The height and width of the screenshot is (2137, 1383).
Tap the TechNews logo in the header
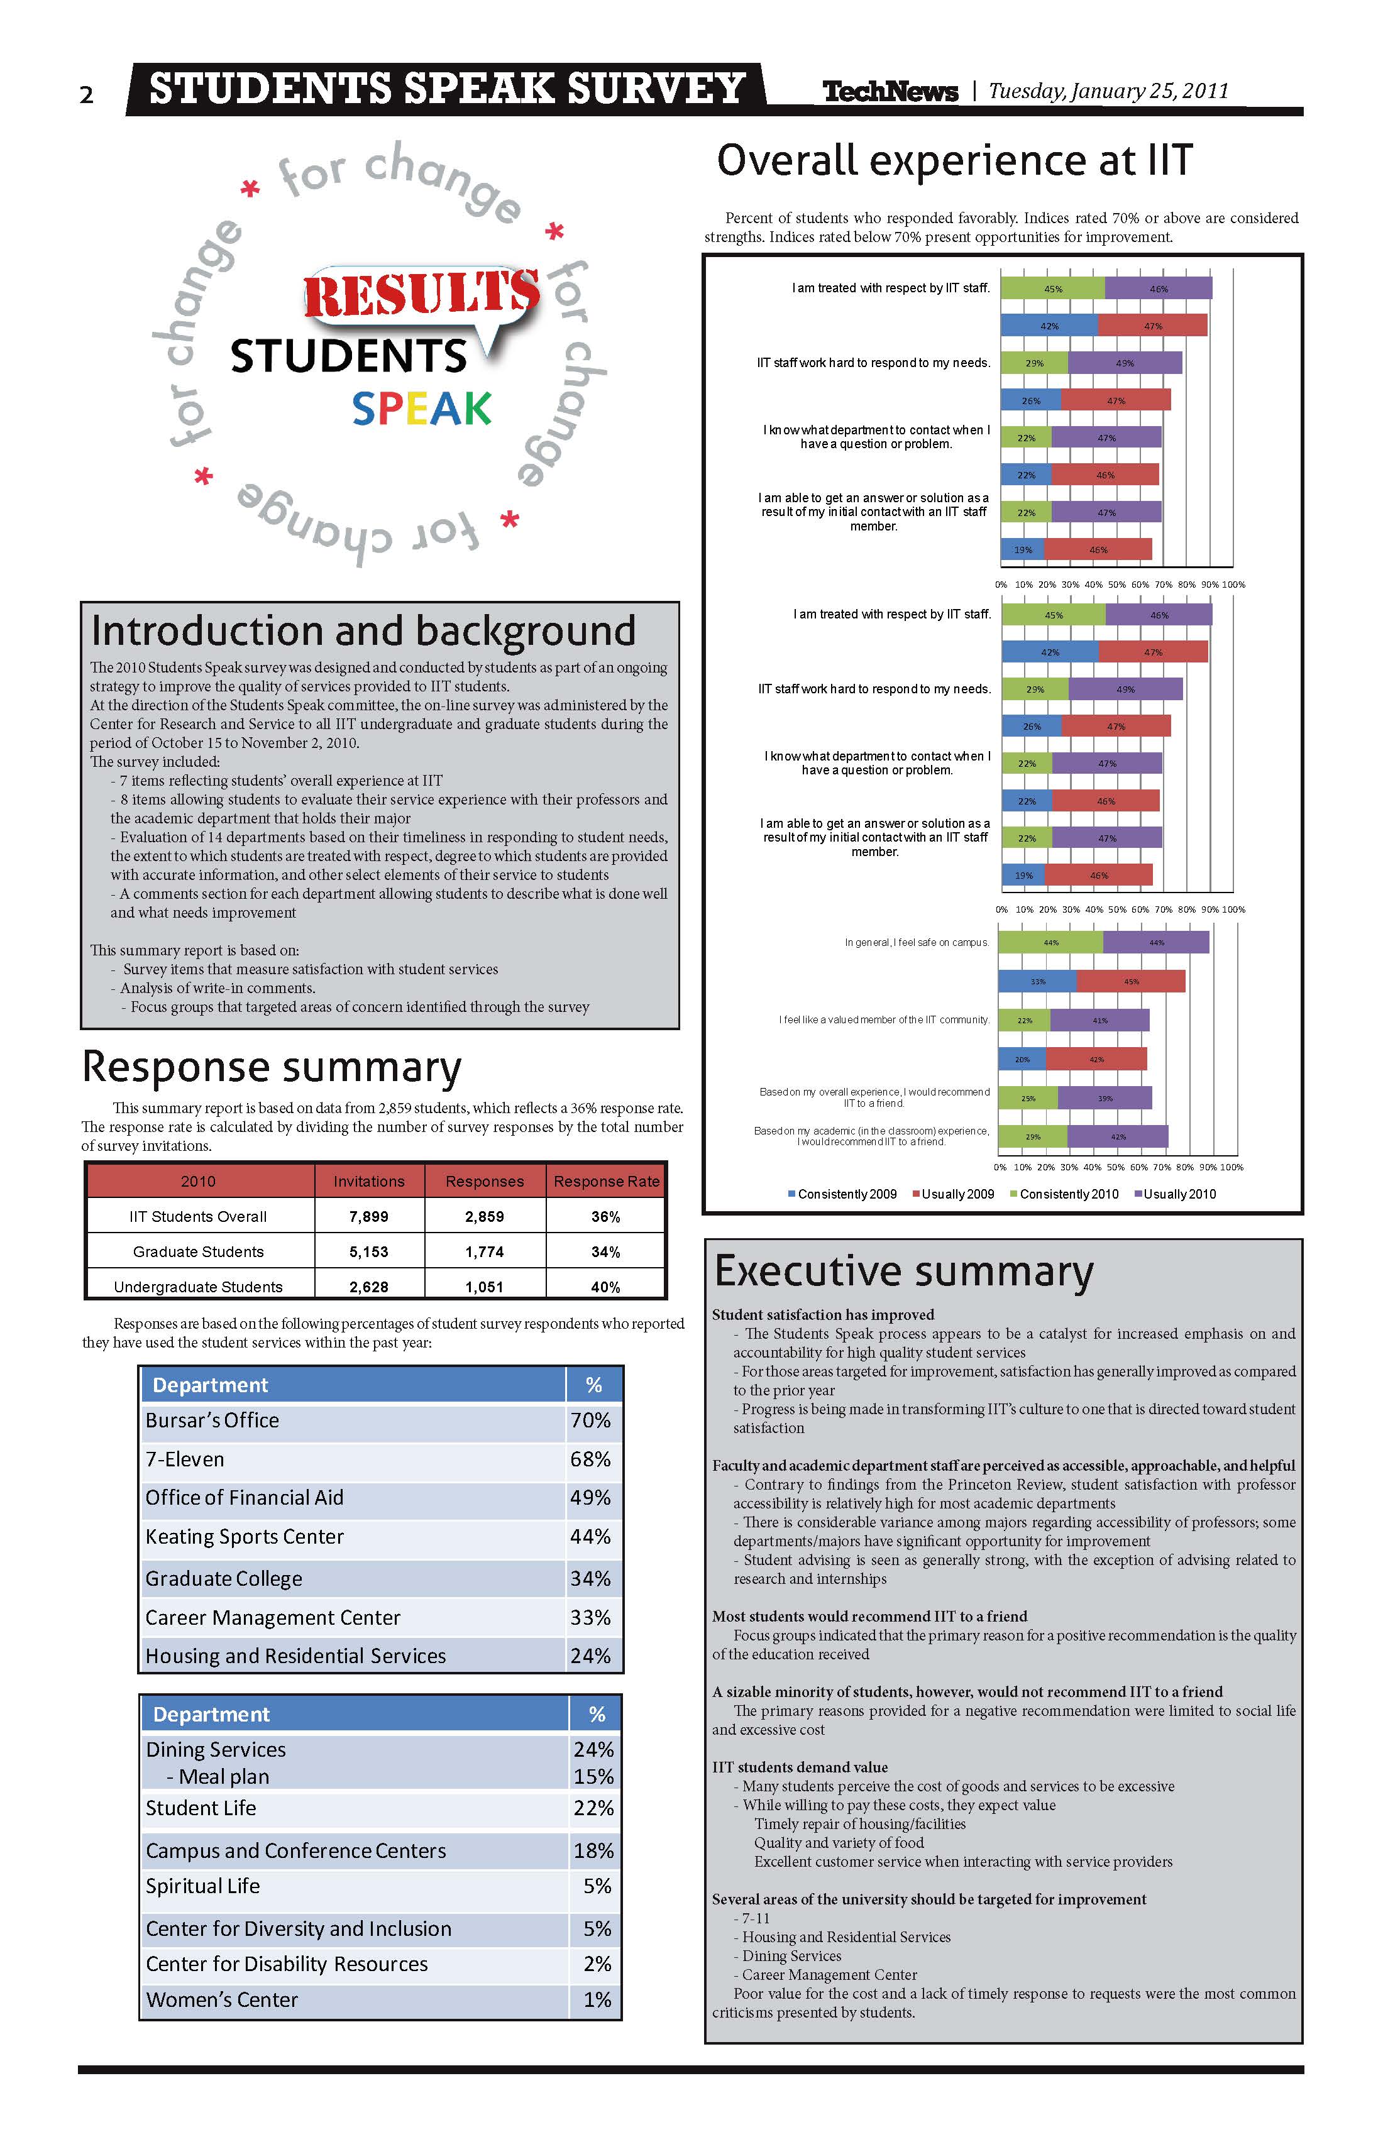point(890,91)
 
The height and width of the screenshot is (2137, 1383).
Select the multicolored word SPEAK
point(421,409)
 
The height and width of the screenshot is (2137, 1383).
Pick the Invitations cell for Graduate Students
point(368,1251)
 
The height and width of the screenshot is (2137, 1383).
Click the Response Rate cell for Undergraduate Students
point(605,1287)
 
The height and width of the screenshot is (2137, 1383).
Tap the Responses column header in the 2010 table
point(484,1182)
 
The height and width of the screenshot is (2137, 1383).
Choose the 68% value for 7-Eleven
point(590,1459)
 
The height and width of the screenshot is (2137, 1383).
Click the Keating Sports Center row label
point(245,1536)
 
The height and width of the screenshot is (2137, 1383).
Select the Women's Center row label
point(222,1999)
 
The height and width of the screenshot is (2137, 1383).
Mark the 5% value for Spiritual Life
point(597,1886)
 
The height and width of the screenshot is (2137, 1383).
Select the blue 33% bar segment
point(1037,981)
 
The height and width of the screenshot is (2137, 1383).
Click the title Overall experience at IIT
point(955,161)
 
